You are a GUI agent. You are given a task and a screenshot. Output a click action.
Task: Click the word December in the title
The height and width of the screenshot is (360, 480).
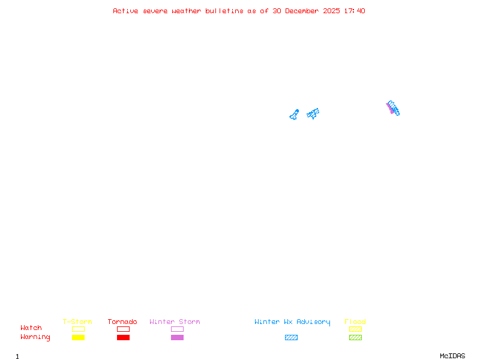point(304,11)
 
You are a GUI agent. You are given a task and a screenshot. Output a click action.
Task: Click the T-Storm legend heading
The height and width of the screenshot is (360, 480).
point(77,322)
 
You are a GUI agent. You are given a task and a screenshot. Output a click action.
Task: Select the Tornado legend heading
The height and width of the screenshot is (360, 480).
point(122,322)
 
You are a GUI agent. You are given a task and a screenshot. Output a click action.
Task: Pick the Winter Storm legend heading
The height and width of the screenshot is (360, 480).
point(175,322)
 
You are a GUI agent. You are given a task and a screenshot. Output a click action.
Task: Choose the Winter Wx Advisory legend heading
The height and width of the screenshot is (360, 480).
point(292,322)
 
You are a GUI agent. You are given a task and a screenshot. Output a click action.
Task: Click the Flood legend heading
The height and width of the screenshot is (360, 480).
point(355,322)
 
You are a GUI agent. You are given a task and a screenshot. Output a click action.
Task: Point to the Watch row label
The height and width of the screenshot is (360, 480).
point(31,328)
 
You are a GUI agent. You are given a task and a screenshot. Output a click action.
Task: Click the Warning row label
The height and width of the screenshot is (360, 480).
point(35,337)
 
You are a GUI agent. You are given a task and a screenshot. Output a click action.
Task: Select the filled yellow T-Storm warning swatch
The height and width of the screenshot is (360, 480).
point(78,337)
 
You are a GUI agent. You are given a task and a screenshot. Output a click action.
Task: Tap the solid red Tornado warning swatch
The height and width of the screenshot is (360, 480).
point(123,337)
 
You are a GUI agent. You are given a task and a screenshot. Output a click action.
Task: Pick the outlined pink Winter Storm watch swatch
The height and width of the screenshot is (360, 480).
point(177,329)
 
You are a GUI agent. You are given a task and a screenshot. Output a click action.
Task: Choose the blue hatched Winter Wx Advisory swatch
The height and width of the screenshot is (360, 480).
point(291,337)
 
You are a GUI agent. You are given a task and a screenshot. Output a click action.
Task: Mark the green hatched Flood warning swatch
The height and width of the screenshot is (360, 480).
point(355,337)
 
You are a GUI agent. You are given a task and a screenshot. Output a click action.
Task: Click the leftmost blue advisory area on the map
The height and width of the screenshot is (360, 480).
point(294,115)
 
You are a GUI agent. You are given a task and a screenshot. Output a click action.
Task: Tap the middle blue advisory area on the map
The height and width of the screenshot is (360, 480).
point(313,113)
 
